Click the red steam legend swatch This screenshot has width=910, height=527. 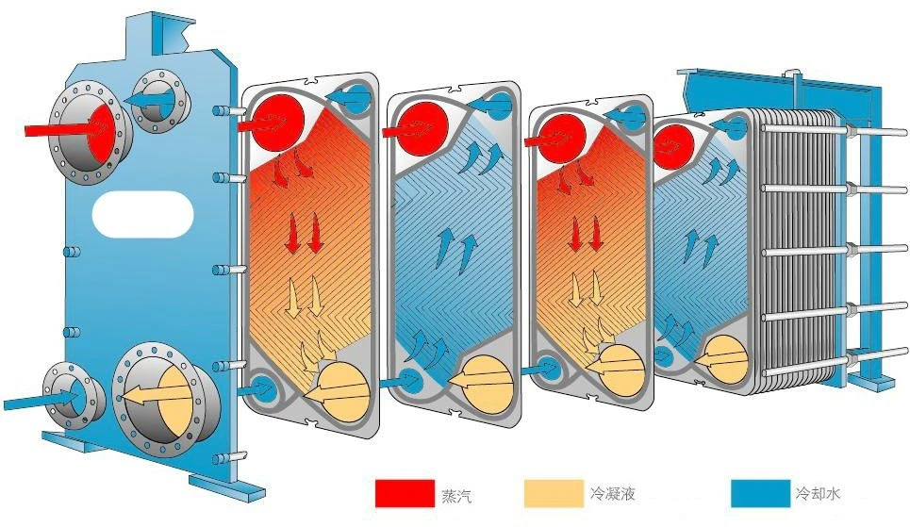coord(405,493)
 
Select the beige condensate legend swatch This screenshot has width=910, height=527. coord(554,493)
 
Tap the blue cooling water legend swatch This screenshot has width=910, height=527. coord(760,493)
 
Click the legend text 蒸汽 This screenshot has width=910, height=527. coord(456,496)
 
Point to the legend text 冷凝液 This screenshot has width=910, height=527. coord(613,494)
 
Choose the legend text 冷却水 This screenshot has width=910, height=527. coord(819,494)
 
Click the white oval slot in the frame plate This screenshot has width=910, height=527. coord(142,215)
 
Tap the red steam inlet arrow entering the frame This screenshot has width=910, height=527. coord(69,127)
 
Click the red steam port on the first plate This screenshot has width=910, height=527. coord(280,121)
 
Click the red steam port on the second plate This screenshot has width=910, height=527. coord(424,129)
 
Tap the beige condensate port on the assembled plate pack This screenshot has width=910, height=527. coord(726,360)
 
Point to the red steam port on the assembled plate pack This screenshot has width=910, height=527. coord(675,147)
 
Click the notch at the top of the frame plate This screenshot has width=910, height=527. coord(182,36)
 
